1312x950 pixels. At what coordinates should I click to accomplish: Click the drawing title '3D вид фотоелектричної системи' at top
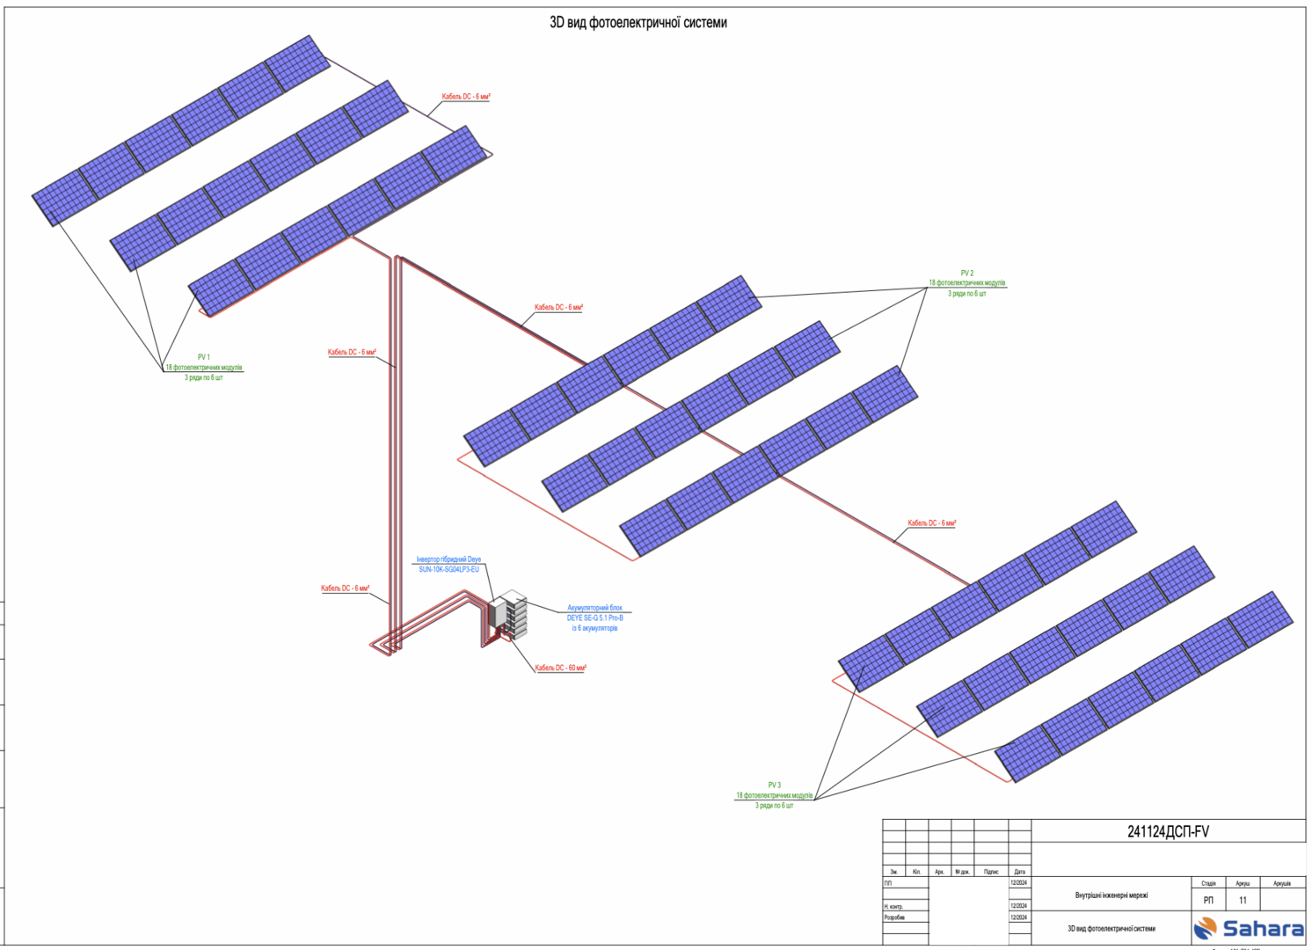click(638, 23)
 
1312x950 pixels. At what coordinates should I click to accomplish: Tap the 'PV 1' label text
click(203, 357)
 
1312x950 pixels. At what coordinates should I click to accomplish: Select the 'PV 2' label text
click(966, 274)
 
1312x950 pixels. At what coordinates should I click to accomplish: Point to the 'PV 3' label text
click(774, 786)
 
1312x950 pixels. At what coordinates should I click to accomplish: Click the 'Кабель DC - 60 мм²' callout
click(560, 669)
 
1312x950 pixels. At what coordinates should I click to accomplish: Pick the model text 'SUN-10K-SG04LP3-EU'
click(448, 570)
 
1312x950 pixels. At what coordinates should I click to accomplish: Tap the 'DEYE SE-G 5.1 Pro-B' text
click(594, 618)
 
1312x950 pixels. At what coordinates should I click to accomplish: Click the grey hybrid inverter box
click(499, 613)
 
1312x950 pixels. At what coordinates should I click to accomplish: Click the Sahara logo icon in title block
click(1206, 928)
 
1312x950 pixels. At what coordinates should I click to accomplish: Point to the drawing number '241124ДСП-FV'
click(1168, 832)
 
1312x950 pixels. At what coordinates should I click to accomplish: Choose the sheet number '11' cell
click(1243, 900)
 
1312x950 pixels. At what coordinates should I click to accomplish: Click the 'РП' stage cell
click(1208, 900)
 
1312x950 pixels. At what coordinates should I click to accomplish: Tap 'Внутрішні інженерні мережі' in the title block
click(1111, 895)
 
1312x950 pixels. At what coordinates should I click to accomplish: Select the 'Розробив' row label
click(894, 917)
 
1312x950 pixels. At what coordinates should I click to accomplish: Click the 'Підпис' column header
click(991, 872)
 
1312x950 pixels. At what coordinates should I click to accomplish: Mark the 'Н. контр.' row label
click(893, 906)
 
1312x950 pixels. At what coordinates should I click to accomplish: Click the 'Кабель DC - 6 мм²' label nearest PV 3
click(931, 523)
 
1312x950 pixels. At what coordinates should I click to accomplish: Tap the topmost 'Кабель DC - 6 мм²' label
click(465, 97)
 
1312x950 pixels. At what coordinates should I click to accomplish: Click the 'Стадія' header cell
click(1208, 883)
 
